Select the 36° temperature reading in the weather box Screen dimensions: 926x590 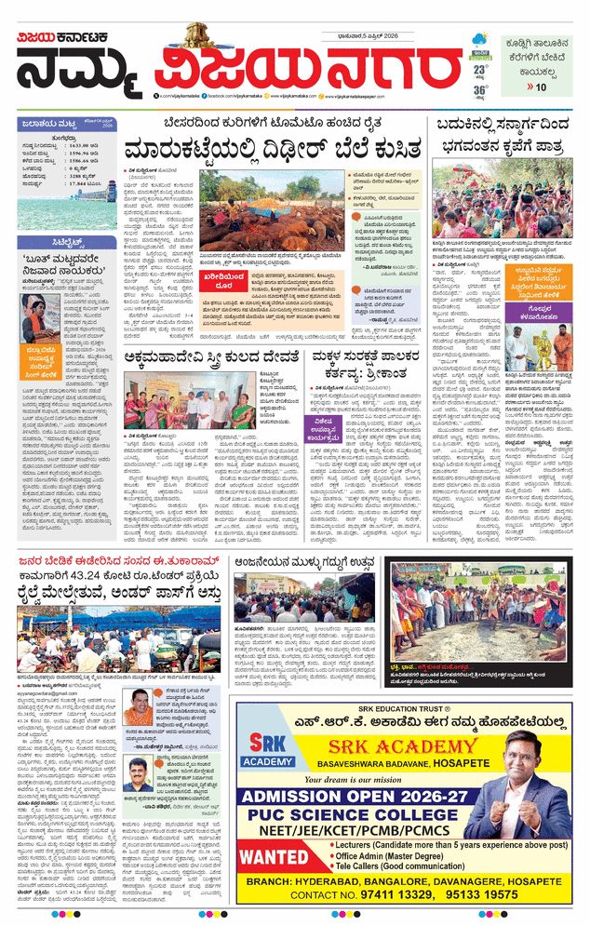(480, 90)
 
